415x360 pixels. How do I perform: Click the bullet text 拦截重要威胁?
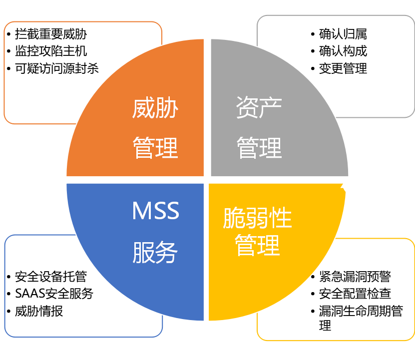pos(50,34)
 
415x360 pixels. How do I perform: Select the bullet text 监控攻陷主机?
pos(50,51)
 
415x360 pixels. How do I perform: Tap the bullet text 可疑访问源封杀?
pos(56,68)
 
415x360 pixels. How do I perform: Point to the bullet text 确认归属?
pos(343,34)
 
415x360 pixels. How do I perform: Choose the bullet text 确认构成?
pos(343,51)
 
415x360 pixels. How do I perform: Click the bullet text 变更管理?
pos(343,68)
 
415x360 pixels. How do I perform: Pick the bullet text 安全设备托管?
pos(50,277)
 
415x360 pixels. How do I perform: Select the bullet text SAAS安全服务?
pos(54,294)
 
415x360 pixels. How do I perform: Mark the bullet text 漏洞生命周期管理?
pos(361,312)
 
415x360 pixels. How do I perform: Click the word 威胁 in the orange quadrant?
pos(155,108)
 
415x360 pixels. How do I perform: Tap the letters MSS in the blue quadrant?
pos(155,212)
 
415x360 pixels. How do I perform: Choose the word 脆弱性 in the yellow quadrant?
pos(257,219)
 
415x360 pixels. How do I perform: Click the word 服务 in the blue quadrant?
pos(155,253)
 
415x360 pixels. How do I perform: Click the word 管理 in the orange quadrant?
pos(155,148)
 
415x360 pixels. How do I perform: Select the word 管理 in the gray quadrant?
pos(259,148)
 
